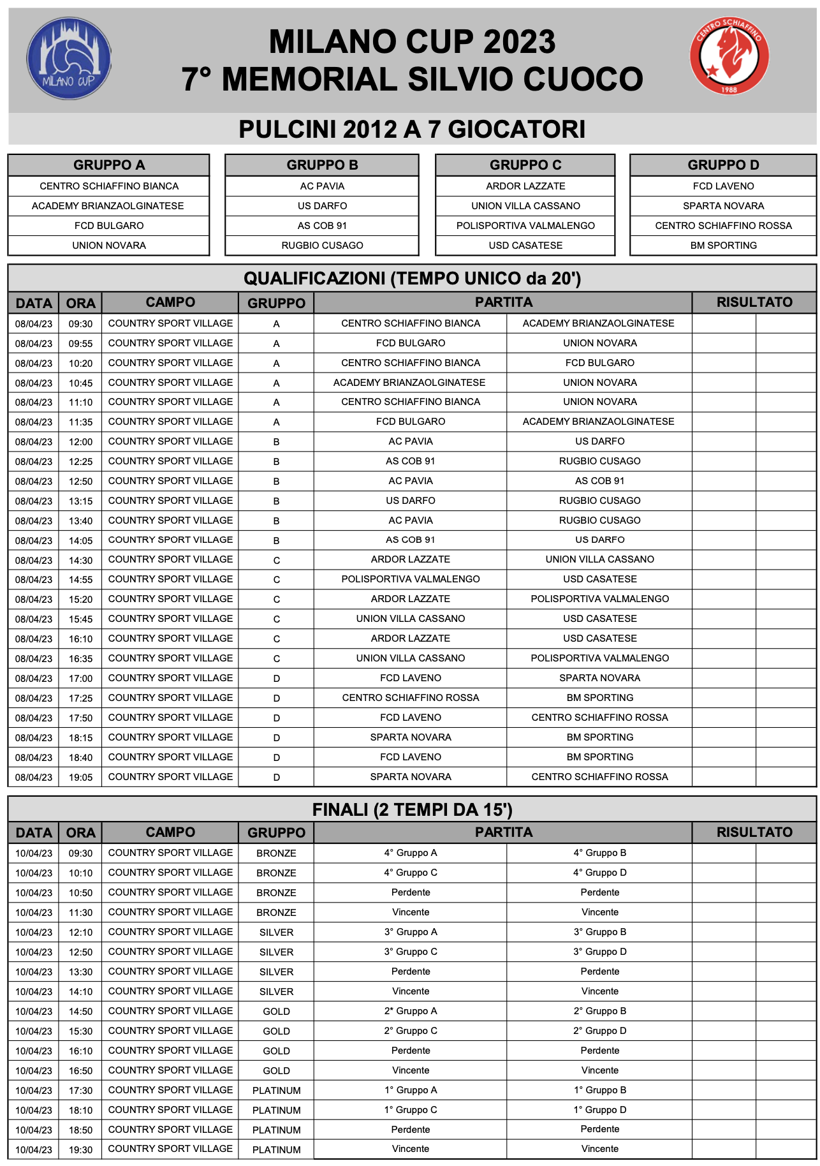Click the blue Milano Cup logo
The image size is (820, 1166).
point(69,59)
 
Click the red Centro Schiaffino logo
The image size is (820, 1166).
point(729,56)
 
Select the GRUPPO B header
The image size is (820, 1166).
point(322,165)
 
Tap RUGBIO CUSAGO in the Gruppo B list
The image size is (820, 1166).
point(322,246)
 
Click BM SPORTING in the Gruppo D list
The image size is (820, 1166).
point(723,246)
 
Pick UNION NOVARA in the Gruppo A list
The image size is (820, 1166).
point(109,246)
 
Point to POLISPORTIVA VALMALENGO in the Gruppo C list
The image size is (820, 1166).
point(525,226)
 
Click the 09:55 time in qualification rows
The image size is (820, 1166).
point(80,344)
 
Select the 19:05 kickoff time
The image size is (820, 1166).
point(80,778)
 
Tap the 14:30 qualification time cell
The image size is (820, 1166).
point(80,561)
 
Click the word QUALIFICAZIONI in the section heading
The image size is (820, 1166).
point(314,279)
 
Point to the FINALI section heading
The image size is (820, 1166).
point(412,809)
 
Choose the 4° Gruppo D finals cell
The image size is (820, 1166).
point(599,873)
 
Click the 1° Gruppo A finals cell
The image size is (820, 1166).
point(411,1090)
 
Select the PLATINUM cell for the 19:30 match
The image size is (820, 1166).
point(276,1149)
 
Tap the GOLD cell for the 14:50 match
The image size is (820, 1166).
point(276,1012)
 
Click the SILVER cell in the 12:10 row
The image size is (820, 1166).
point(276,933)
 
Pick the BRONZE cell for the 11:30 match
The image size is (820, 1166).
point(276,913)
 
